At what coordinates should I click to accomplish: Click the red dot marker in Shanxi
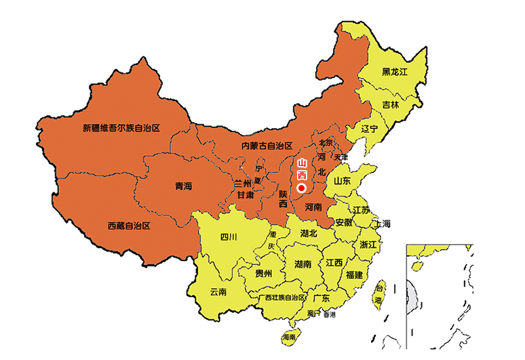(302, 188)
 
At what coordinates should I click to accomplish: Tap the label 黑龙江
(394, 71)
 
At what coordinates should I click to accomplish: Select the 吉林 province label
(390, 105)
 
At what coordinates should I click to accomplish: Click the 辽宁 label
(369, 129)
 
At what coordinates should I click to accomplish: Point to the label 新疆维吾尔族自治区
(121, 127)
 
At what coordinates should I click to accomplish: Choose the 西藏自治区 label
(128, 225)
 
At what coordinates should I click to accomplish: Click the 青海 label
(184, 186)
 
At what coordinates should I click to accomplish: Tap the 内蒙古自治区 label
(266, 146)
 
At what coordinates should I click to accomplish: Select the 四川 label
(229, 237)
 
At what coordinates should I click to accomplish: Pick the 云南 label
(218, 292)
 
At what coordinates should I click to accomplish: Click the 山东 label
(342, 181)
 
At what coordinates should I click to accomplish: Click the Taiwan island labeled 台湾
(379, 294)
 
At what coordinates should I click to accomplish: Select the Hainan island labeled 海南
(290, 336)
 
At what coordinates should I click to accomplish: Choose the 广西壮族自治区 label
(281, 298)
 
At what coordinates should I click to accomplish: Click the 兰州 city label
(242, 184)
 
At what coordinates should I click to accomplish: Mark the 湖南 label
(303, 264)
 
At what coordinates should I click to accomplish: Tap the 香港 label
(329, 315)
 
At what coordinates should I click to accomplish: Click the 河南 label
(313, 207)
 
